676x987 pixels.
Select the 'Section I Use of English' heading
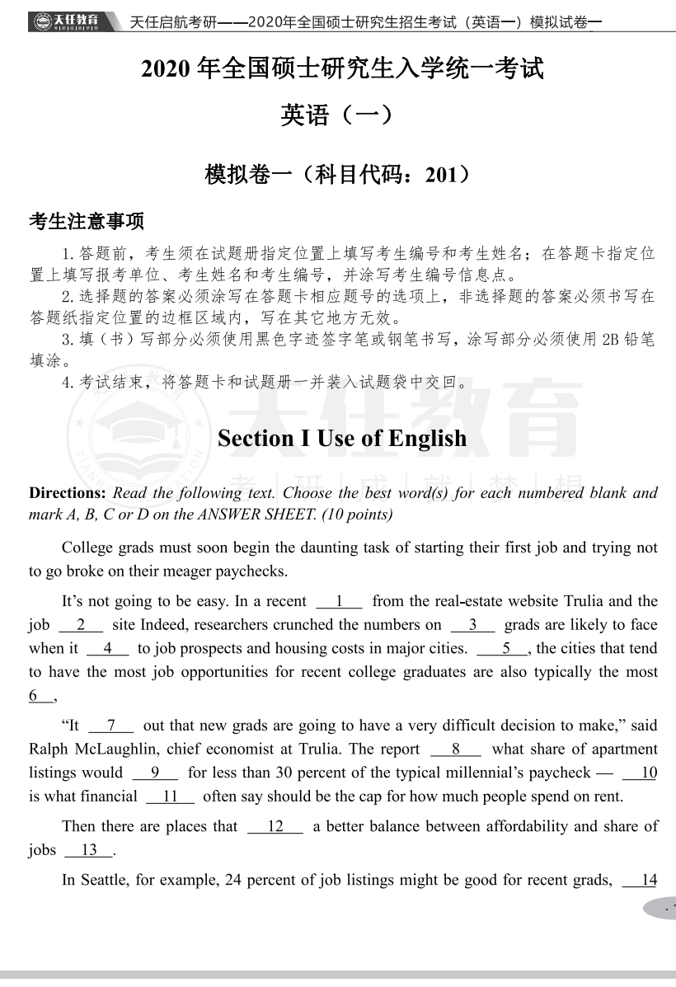(341, 439)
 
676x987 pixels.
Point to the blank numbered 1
(339, 602)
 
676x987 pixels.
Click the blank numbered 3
(472, 625)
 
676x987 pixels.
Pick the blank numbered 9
(154, 773)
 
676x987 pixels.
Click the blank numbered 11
(170, 797)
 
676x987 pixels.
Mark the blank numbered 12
(275, 826)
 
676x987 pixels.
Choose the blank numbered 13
(89, 850)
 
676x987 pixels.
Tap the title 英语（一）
(337, 115)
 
